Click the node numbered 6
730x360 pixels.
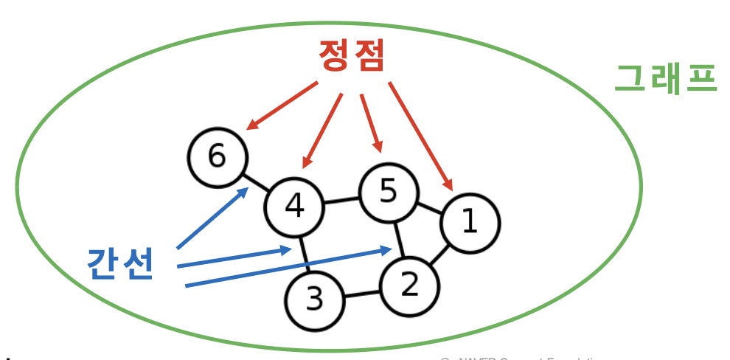[217, 156]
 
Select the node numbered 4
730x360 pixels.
[294, 207]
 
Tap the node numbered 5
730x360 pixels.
[388, 192]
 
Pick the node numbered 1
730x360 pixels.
[470, 222]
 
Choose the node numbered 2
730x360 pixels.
[409, 285]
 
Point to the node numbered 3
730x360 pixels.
[315, 300]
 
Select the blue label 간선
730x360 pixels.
[120, 263]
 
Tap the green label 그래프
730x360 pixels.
[665, 77]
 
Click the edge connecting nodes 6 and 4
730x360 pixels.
[255, 181]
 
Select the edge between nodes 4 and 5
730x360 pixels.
[341, 200]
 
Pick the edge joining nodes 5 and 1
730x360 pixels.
[429, 207]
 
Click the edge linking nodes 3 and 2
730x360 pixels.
[362, 293]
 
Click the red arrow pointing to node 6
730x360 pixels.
[282, 105]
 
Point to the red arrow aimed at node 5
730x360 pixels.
[371, 122]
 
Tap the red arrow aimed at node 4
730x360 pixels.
[323, 130]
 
